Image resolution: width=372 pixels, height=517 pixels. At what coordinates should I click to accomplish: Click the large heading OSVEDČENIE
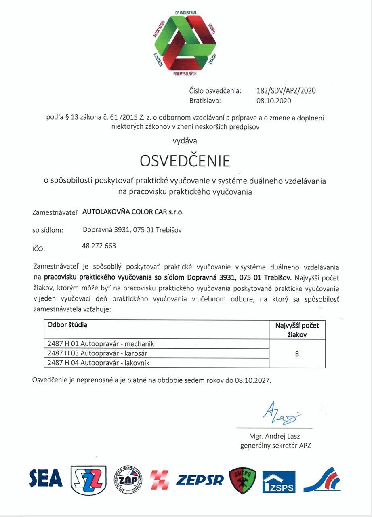185,160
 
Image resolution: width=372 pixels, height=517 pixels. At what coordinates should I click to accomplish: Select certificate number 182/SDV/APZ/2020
286,90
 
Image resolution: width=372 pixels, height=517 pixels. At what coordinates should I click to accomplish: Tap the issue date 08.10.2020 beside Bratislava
273,101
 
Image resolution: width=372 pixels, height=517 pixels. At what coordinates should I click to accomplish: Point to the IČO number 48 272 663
99,246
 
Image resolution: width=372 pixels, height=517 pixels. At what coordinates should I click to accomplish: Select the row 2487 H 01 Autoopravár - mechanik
101,344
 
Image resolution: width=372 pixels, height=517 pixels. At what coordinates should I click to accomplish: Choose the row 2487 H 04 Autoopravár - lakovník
99,363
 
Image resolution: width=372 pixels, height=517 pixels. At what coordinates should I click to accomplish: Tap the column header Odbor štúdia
67,324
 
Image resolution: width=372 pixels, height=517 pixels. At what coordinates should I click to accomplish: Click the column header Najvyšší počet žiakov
297,329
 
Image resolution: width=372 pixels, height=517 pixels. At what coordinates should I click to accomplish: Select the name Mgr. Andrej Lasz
275,436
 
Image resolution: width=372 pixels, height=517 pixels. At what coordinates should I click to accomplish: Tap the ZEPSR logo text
200,480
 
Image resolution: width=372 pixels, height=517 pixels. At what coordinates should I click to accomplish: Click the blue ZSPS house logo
279,482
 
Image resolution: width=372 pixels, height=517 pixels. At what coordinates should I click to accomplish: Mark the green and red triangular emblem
185,43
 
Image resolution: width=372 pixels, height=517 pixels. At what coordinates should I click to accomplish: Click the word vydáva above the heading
185,141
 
